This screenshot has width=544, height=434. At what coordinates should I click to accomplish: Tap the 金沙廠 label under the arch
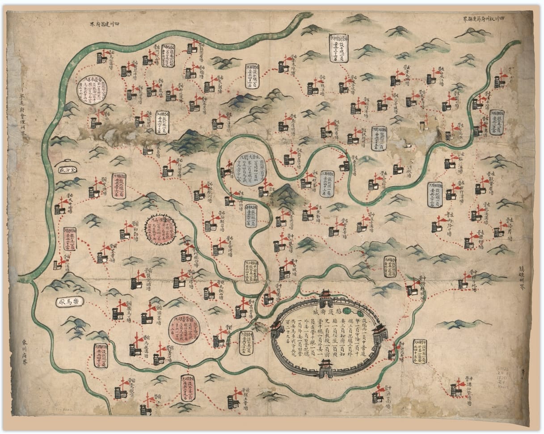[x=68, y=170]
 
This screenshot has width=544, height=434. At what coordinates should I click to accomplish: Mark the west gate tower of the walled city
[x=276, y=330]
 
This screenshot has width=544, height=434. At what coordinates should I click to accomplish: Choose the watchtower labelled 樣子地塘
[x=463, y=282]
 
